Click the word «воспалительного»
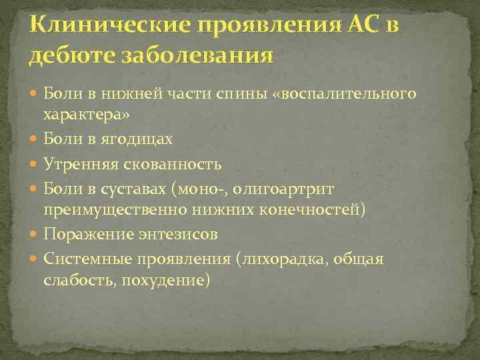(x=351, y=94)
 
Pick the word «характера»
(x=86, y=115)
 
